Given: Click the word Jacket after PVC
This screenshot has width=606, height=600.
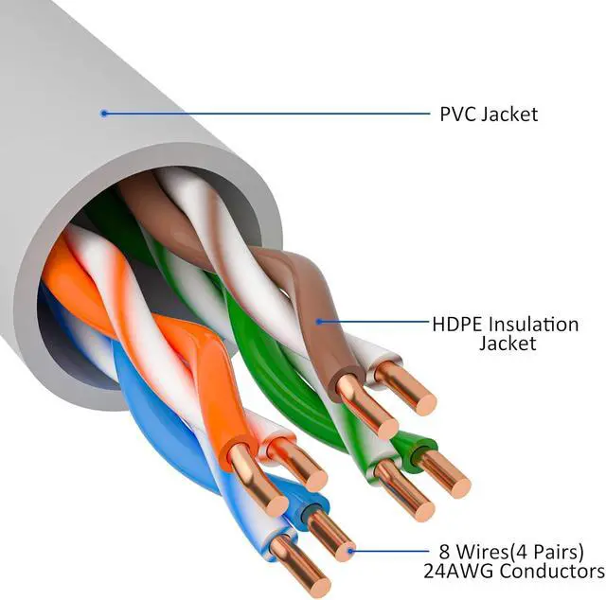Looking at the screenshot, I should pos(509,114).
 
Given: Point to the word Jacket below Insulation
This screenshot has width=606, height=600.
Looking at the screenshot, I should pos(507,344).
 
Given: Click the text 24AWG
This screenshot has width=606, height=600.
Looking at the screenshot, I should pos(463,571).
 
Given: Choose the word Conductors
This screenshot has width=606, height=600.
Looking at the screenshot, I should pos(554,571).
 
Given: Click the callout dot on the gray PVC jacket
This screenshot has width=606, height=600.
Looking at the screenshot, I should pos(103,114).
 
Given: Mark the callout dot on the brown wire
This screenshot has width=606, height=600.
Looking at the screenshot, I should pos(319,321).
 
